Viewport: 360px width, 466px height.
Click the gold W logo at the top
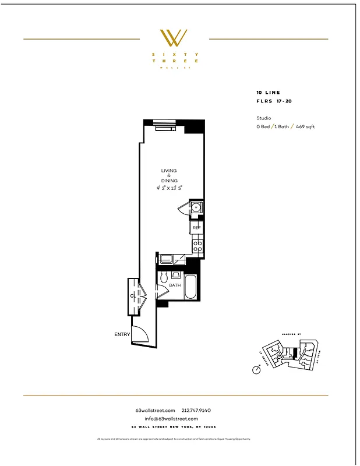coord(174,38)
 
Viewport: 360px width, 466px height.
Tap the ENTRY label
coord(122,334)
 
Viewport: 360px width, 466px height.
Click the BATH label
coord(175,286)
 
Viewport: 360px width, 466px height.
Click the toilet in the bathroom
coord(164,277)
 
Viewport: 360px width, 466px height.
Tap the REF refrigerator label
coord(196,227)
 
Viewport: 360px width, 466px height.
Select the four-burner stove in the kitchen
coord(197,246)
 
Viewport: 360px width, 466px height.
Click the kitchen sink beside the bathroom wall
coord(167,259)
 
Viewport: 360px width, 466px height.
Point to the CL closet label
coord(133,296)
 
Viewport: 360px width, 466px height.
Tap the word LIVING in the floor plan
coord(169,171)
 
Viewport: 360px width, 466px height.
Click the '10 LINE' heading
coord(268,93)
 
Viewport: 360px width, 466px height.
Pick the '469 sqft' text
coord(305,126)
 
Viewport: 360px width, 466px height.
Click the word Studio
coord(263,118)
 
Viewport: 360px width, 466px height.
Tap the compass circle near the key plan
coord(257,370)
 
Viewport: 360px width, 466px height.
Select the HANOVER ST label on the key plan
coord(290,334)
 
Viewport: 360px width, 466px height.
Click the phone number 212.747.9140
coord(196,411)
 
